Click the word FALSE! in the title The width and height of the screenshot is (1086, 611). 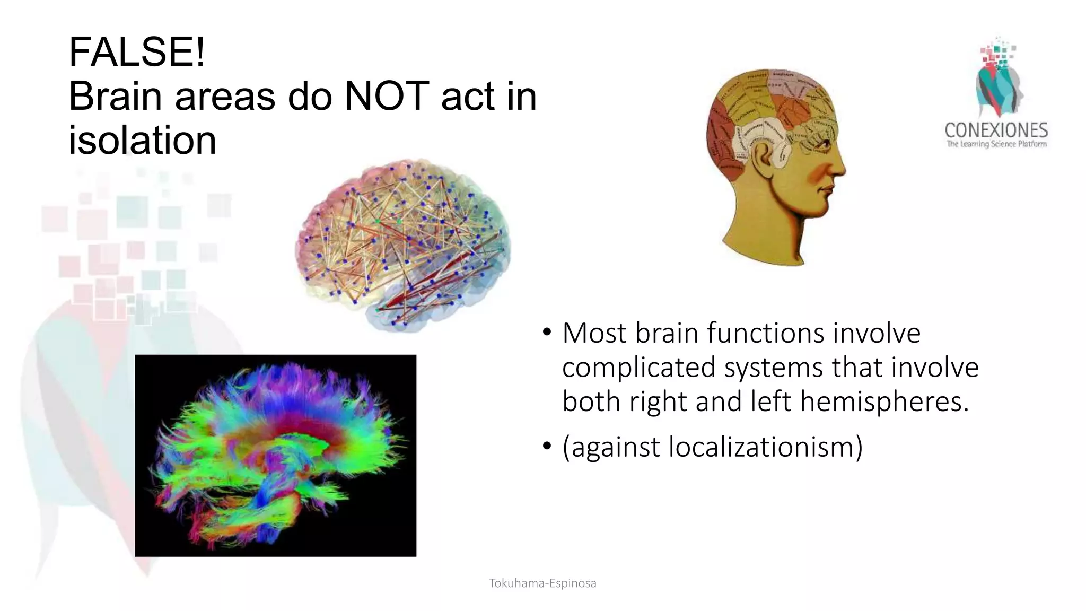point(137,52)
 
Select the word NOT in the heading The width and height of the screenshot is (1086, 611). point(386,97)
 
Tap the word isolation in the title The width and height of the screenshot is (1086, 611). point(142,141)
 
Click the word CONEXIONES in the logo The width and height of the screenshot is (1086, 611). point(996,130)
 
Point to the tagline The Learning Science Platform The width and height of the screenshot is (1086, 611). point(996,144)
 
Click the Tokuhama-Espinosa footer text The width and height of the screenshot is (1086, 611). point(542,583)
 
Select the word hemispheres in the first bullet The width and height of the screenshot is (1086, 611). point(884,401)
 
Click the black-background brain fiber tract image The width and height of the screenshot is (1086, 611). point(276,455)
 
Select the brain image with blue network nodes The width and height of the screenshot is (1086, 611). point(403,244)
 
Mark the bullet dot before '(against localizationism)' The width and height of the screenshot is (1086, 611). point(547,447)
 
